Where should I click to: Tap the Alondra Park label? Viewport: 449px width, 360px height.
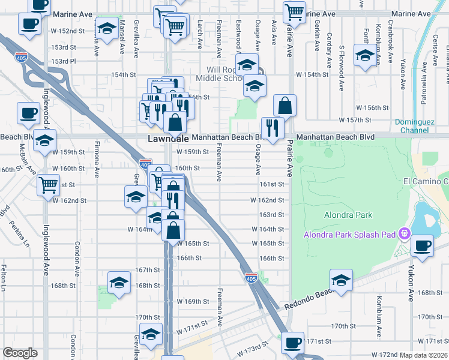348,215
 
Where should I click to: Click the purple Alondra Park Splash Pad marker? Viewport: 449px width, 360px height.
405,233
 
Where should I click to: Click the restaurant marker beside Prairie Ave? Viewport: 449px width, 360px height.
273,128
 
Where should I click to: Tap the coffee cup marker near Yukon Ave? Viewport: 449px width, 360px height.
423,245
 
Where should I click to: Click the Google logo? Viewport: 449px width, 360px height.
20,353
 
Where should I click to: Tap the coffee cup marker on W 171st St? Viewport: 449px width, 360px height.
292,343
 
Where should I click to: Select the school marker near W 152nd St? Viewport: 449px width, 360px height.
107,28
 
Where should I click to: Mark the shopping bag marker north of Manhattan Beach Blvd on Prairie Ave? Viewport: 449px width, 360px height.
285,106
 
